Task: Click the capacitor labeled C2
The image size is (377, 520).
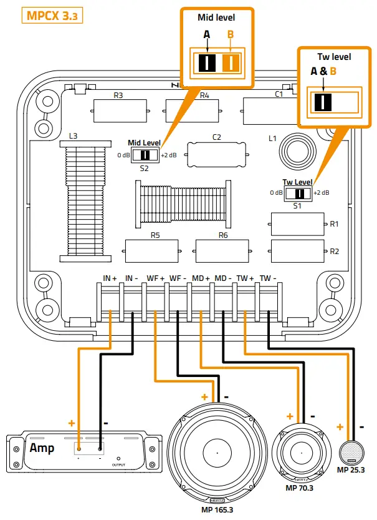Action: click(x=216, y=152)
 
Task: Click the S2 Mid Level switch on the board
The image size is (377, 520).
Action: click(x=146, y=155)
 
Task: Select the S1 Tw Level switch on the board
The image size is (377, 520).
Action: click(x=298, y=192)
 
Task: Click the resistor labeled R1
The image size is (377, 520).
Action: click(x=298, y=223)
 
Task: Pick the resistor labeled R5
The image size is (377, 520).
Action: click(x=155, y=251)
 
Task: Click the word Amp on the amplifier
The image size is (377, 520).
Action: click(x=41, y=448)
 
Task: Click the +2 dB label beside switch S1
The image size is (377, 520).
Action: click(x=321, y=192)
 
